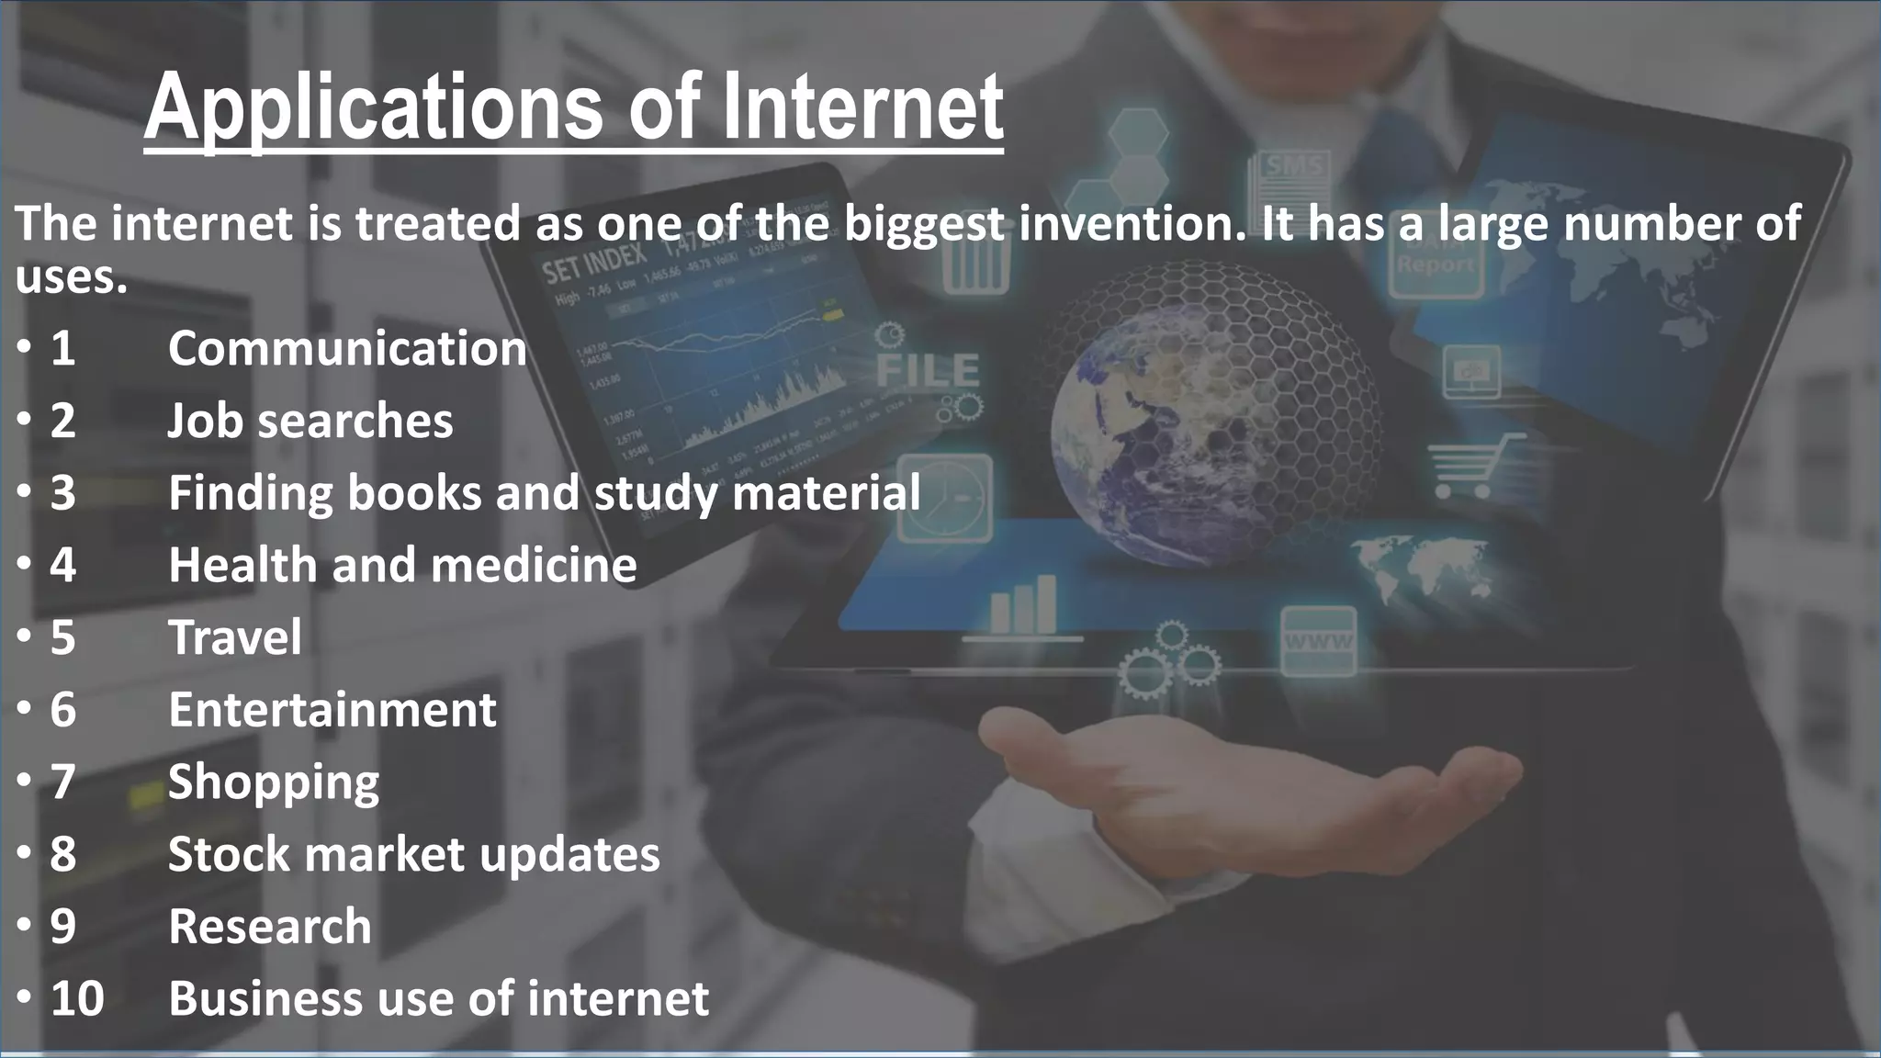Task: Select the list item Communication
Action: tap(347, 349)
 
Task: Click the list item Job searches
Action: tap(310, 421)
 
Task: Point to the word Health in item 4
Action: tap(242, 564)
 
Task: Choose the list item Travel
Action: tap(235, 636)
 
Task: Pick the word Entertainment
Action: tap(332, 709)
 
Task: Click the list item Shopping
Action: tap(274, 782)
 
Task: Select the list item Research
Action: tap(270, 926)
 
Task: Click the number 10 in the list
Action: tap(77, 998)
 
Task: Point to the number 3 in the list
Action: tap(62, 492)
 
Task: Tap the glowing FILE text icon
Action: tap(928, 370)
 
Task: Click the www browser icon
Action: tap(1318, 641)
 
